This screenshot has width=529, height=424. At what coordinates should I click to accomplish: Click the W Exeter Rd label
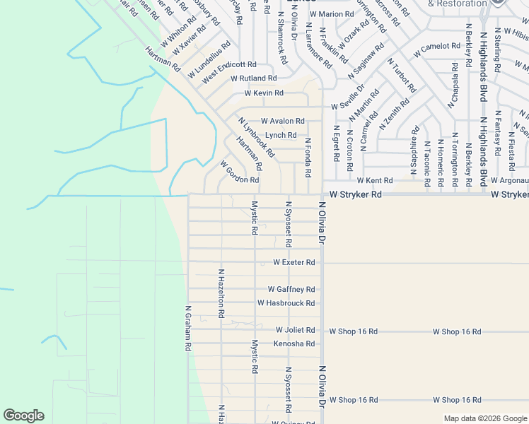pos(293,262)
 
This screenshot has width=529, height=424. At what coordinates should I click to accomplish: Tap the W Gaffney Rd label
pos(291,289)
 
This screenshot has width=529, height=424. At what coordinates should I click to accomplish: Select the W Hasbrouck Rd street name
pos(286,303)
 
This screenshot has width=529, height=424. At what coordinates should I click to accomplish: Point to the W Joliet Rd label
pos(295,330)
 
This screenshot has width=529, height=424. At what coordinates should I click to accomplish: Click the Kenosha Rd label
pos(293,343)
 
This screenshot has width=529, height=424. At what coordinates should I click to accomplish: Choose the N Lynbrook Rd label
pos(256,137)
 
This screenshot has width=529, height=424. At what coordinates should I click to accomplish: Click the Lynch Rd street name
pos(281,135)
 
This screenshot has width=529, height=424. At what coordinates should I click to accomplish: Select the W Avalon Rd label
pos(282,121)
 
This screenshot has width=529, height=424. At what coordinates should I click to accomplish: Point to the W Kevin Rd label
pos(264,93)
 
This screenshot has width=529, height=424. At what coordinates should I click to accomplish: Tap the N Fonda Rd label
pos(308,157)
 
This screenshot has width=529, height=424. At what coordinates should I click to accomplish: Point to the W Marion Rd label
pos(332,14)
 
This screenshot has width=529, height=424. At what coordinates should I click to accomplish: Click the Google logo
pos(23,416)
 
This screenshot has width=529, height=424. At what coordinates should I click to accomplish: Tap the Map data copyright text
pos(484,418)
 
